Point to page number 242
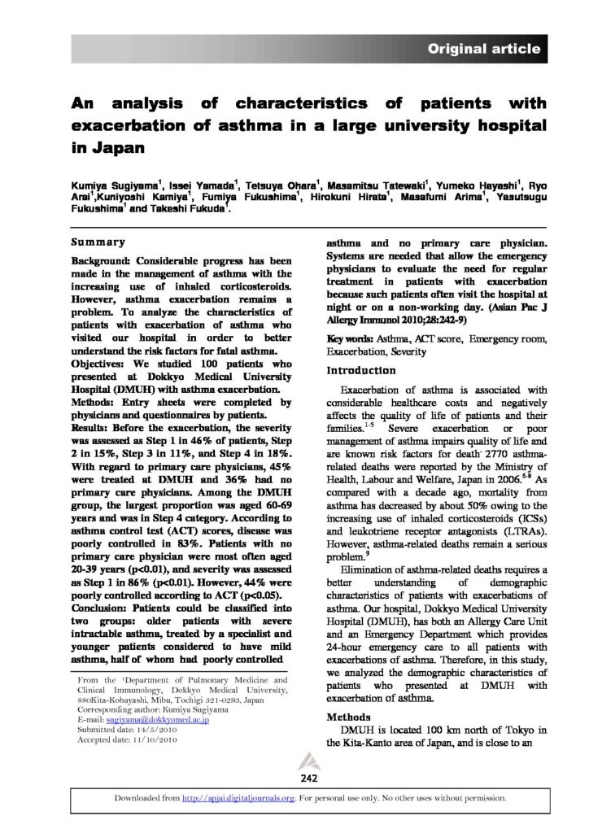[308, 778]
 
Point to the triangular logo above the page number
[308, 762]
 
